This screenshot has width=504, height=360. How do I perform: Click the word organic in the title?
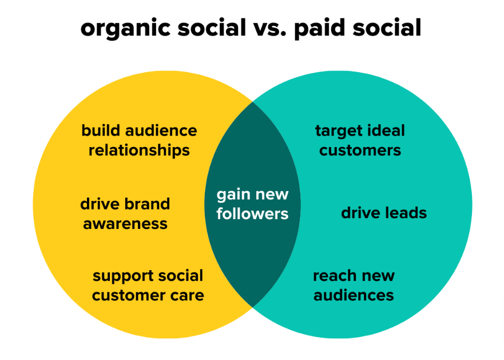125,29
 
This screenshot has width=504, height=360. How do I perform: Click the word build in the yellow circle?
101,130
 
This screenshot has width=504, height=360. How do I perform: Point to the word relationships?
139,151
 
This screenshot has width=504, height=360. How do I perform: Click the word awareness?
125,224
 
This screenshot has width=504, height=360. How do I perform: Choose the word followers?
252,214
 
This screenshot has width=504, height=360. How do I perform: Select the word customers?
360,151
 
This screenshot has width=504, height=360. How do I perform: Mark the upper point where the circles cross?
253,102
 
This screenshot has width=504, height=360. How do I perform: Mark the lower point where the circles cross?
253,307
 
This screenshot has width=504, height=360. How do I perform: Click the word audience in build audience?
161,130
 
